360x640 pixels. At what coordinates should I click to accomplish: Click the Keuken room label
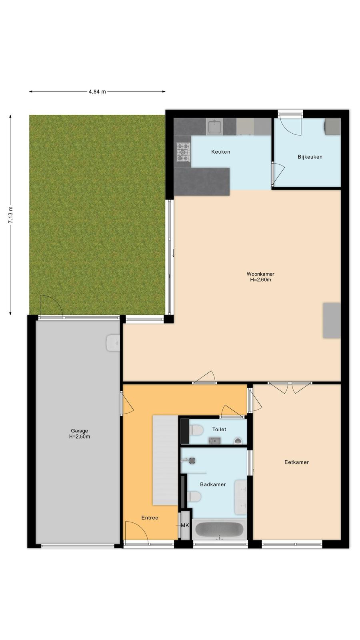click(x=220, y=152)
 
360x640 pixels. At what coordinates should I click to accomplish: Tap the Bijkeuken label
click(x=310, y=157)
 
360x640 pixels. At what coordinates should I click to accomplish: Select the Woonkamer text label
click(x=260, y=274)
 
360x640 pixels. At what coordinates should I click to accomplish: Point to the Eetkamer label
click(x=296, y=462)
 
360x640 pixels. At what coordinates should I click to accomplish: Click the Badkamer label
click(x=213, y=484)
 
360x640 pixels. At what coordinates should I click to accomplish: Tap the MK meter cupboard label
click(x=185, y=525)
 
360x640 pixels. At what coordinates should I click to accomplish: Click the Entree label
click(x=150, y=518)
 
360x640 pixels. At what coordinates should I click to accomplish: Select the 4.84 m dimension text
click(x=97, y=92)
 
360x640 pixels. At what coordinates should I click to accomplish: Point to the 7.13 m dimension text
click(x=10, y=214)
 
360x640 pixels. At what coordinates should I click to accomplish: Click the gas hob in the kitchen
click(x=183, y=152)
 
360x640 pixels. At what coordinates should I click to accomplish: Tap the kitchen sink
click(x=215, y=127)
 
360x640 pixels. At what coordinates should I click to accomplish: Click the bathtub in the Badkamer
click(x=220, y=530)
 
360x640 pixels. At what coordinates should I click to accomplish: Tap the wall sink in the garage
click(x=113, y=342)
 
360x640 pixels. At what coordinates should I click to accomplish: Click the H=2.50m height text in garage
click(x=80, y=436)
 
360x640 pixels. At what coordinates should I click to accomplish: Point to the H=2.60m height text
click(x=260, y=280)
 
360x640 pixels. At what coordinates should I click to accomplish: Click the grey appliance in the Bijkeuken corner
click(x=332, y=126)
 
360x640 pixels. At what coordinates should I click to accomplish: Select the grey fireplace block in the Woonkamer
click(x=332, y=320)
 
